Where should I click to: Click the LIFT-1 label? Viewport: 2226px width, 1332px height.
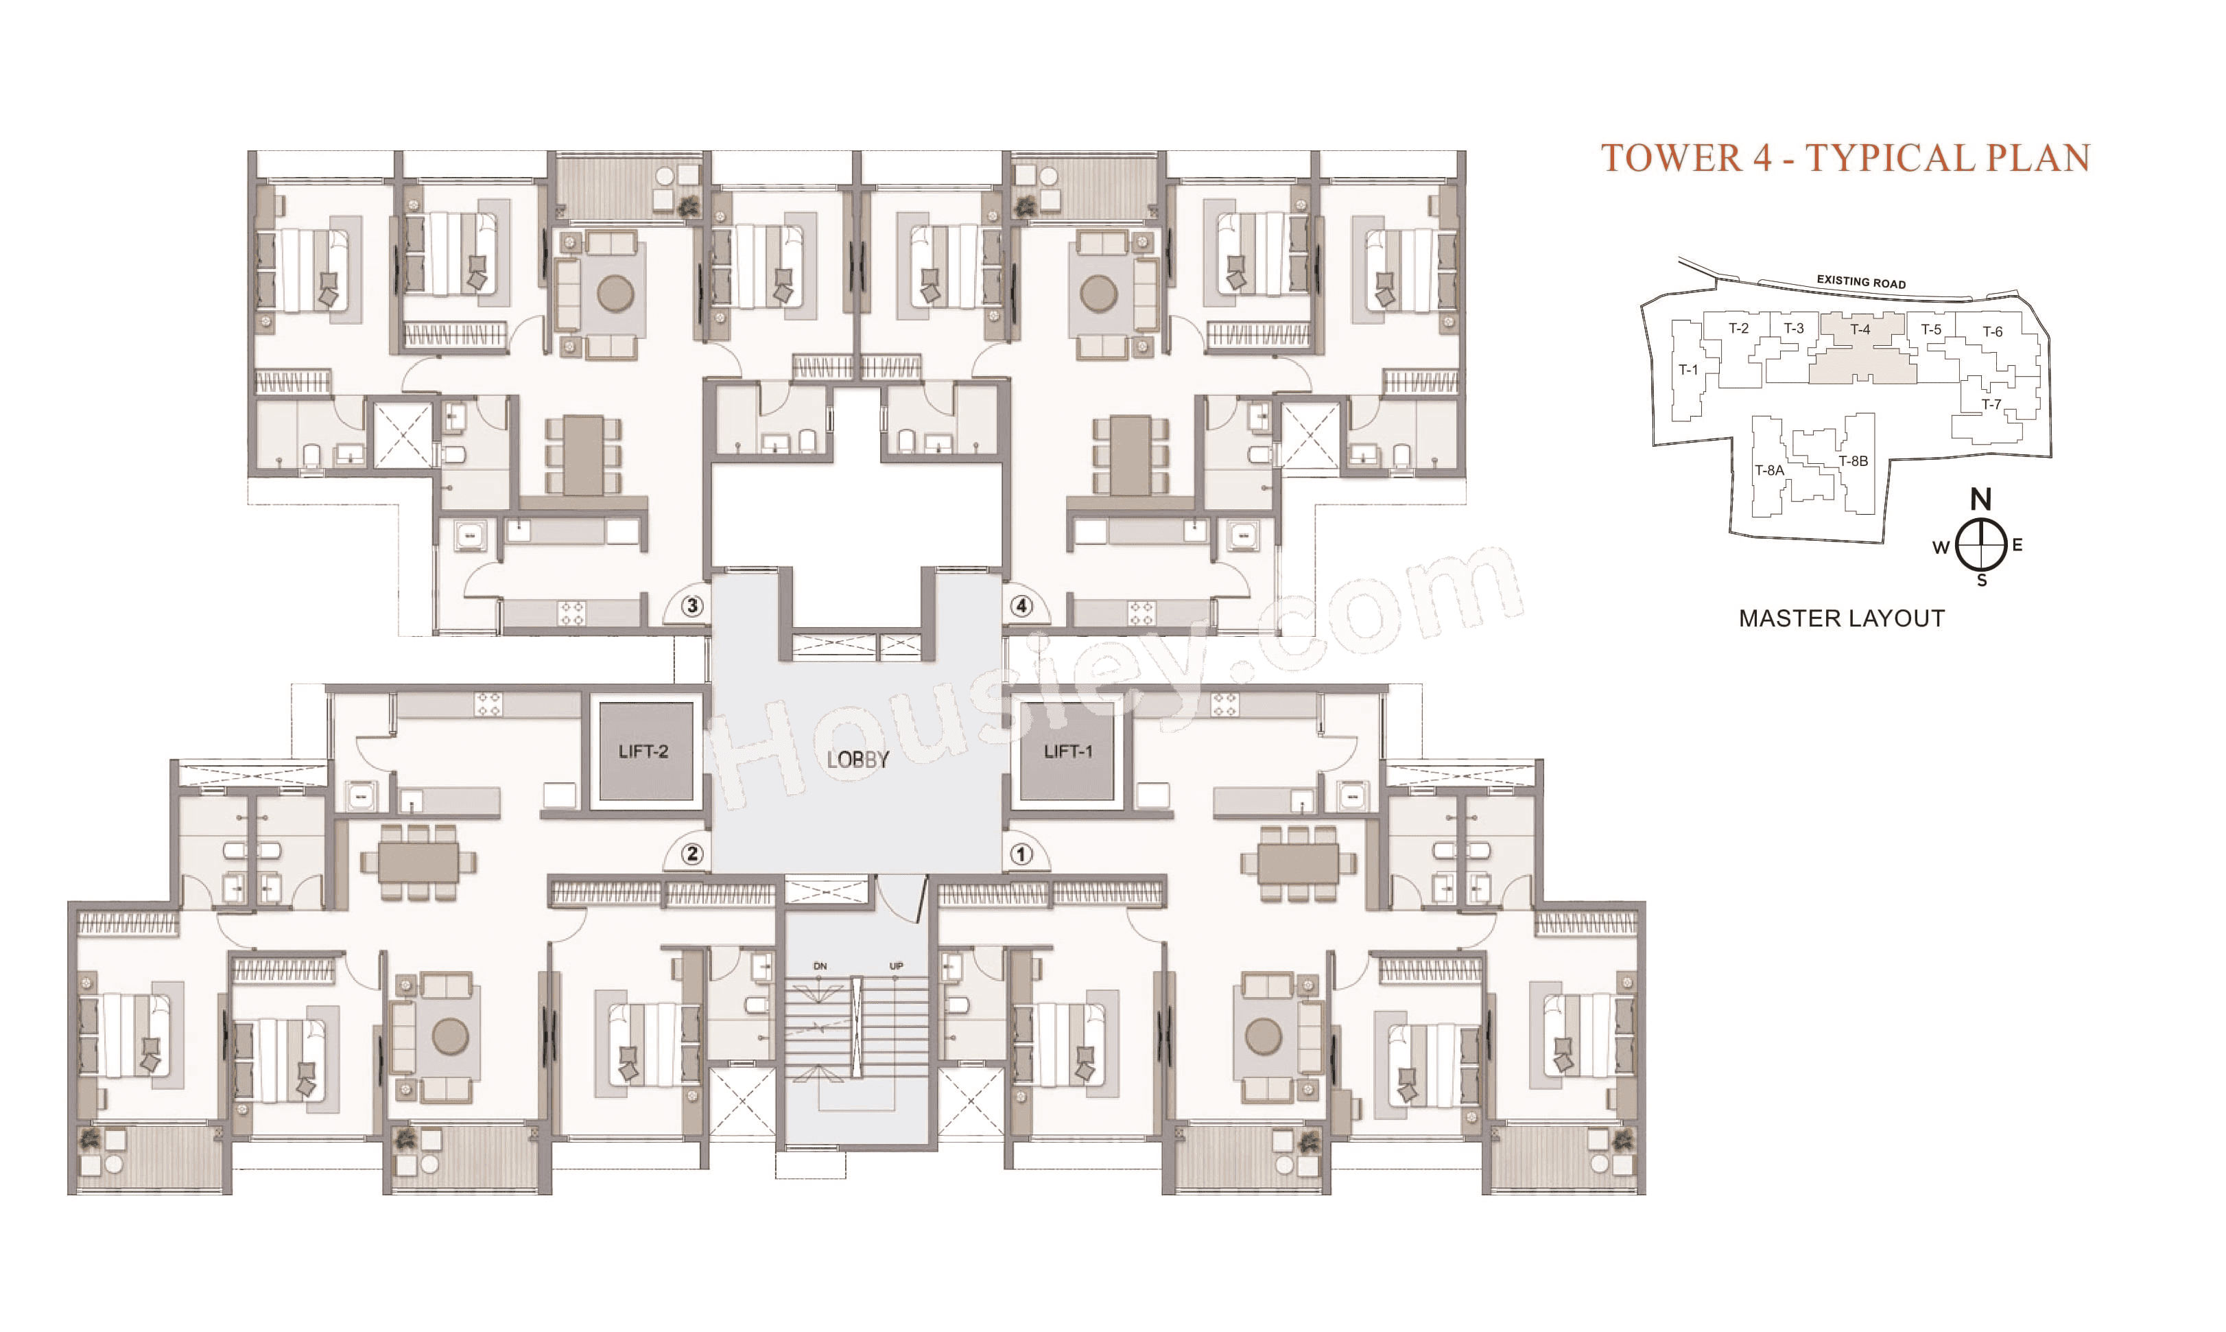1067,751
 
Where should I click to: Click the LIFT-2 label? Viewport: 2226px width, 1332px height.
643,751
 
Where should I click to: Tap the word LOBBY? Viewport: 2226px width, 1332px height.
857,760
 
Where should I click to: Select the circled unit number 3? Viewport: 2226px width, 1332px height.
691,606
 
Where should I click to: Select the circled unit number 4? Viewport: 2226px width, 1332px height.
1021,606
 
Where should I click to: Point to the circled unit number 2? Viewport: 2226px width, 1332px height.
691,854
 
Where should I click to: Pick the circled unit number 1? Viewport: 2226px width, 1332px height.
1021,854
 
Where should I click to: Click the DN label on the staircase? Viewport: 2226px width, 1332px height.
820,966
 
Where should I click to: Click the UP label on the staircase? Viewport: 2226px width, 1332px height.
895,966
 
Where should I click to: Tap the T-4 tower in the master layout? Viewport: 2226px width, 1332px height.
1861,329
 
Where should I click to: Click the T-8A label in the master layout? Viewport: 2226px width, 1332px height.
1769,470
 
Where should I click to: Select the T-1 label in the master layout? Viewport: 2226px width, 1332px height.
1689,370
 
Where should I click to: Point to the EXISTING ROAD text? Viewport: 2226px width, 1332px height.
1861,281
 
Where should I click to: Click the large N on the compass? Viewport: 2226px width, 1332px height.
1980,499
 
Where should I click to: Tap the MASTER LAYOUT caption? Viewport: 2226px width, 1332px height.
1841,618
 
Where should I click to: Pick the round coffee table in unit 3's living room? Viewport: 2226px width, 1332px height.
615,294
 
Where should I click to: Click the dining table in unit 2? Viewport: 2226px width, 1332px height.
418,863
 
